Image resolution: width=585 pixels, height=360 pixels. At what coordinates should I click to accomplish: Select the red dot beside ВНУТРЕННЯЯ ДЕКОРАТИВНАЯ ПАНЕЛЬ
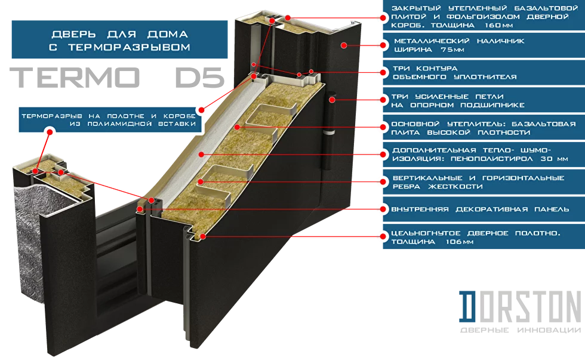378,209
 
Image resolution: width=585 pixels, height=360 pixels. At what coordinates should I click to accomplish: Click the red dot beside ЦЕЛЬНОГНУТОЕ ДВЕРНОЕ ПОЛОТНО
378,236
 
